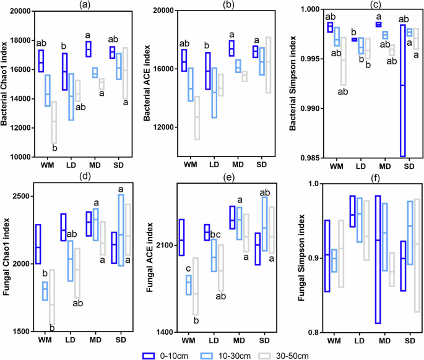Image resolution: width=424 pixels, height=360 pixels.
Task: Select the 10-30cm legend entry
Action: coord(229,354)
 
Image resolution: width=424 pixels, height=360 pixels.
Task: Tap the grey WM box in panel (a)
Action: coord(54,122)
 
